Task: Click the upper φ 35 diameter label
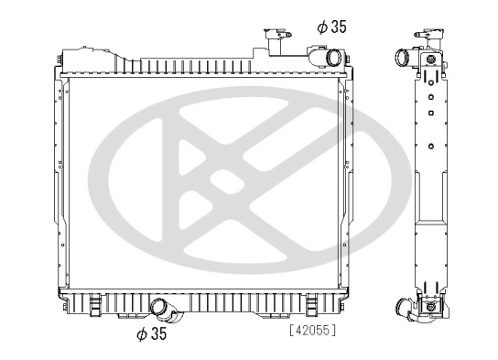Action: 331,27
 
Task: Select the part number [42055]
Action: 310,330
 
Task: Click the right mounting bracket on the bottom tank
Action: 311,302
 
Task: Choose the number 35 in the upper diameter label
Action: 338,27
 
